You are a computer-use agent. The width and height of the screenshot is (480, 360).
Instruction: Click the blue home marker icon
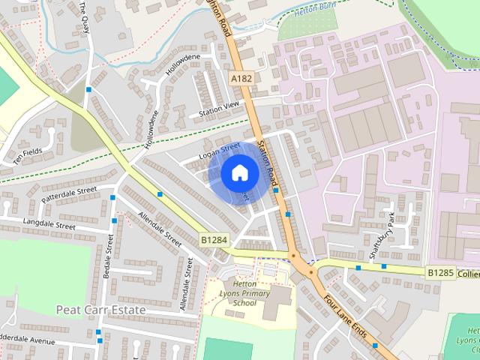tap(238, 173)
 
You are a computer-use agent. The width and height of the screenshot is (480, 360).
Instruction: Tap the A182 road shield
tap(241, 78)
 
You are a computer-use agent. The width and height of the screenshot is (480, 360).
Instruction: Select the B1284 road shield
tap(213, 239)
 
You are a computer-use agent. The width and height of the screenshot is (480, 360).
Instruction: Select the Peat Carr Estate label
tap(101, 309)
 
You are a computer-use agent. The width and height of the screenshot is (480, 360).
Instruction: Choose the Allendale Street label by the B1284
tap(160, 229)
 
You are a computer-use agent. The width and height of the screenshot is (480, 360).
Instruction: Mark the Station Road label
tap(267, 161)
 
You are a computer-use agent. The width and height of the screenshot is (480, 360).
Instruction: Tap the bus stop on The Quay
tap(88, 89)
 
